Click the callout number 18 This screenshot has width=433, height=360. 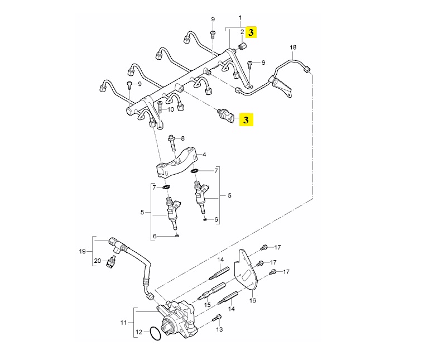pyautogui.click(x=293, y=47)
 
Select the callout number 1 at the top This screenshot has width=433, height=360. pyautogui.click(x=240, y=18)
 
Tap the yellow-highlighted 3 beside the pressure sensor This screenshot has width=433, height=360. pyautogui.click(x=246, y=119)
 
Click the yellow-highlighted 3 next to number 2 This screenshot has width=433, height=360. pyautogui.click(x=251, y=32)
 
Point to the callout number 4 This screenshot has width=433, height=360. pyautogui.click(x=204, y=155)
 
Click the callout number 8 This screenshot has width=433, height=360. pyautogui.click(x=182, y=138)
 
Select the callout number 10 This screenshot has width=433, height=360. pyautogui.click(x=171, y=110)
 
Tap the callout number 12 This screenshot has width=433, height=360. pyautogui.click(x=139, y=332)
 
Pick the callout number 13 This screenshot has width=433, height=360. pyautogui.click(x=219, y=329)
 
